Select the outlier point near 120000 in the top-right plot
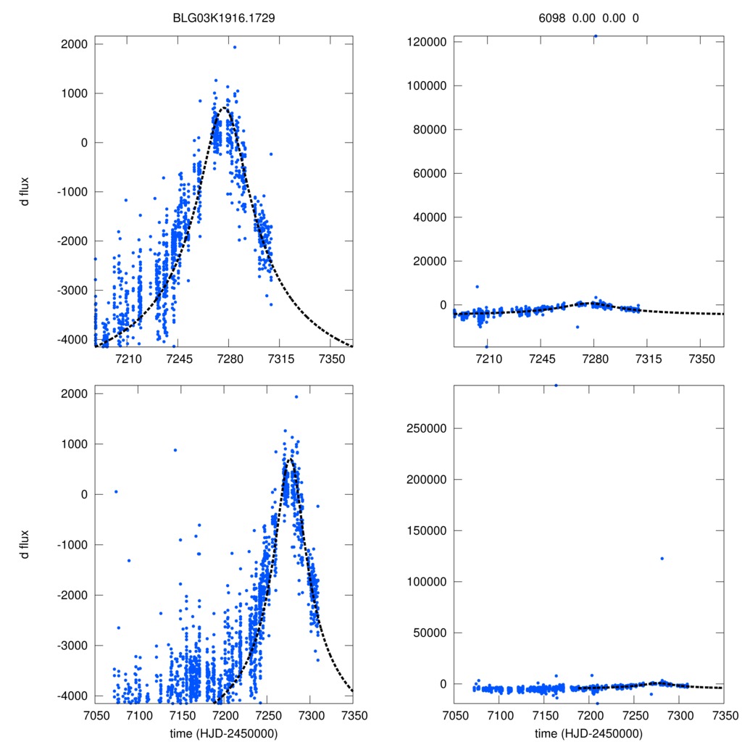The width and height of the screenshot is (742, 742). [x=595, y=36]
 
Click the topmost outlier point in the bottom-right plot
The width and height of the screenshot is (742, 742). [x=556, y=385]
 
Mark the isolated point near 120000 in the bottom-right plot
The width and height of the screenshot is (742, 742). [x=662, y=558]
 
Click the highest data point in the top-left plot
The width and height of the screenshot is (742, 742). [x=235, y=47]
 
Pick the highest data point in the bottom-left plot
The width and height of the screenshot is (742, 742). [x=296, y=396]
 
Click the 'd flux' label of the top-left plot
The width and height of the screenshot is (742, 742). [x=24, y=192]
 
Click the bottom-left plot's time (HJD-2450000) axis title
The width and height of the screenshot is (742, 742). [x=224, y=733]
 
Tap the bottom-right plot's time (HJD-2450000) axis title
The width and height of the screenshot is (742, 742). [x=588, y=733]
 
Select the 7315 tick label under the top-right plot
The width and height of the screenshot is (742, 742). [x=649, y=359]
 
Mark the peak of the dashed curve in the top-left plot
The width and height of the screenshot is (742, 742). [x=225, y=108]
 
